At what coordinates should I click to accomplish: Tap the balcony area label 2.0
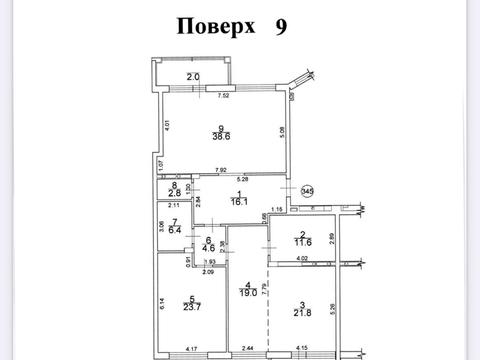point(193,77)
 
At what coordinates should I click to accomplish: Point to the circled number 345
point(308,191)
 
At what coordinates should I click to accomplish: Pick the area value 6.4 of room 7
point(174,228)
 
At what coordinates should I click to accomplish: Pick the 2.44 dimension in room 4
point(249,348)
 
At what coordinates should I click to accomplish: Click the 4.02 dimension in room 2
point(301,259)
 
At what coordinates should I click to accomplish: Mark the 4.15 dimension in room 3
point(301,348)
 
